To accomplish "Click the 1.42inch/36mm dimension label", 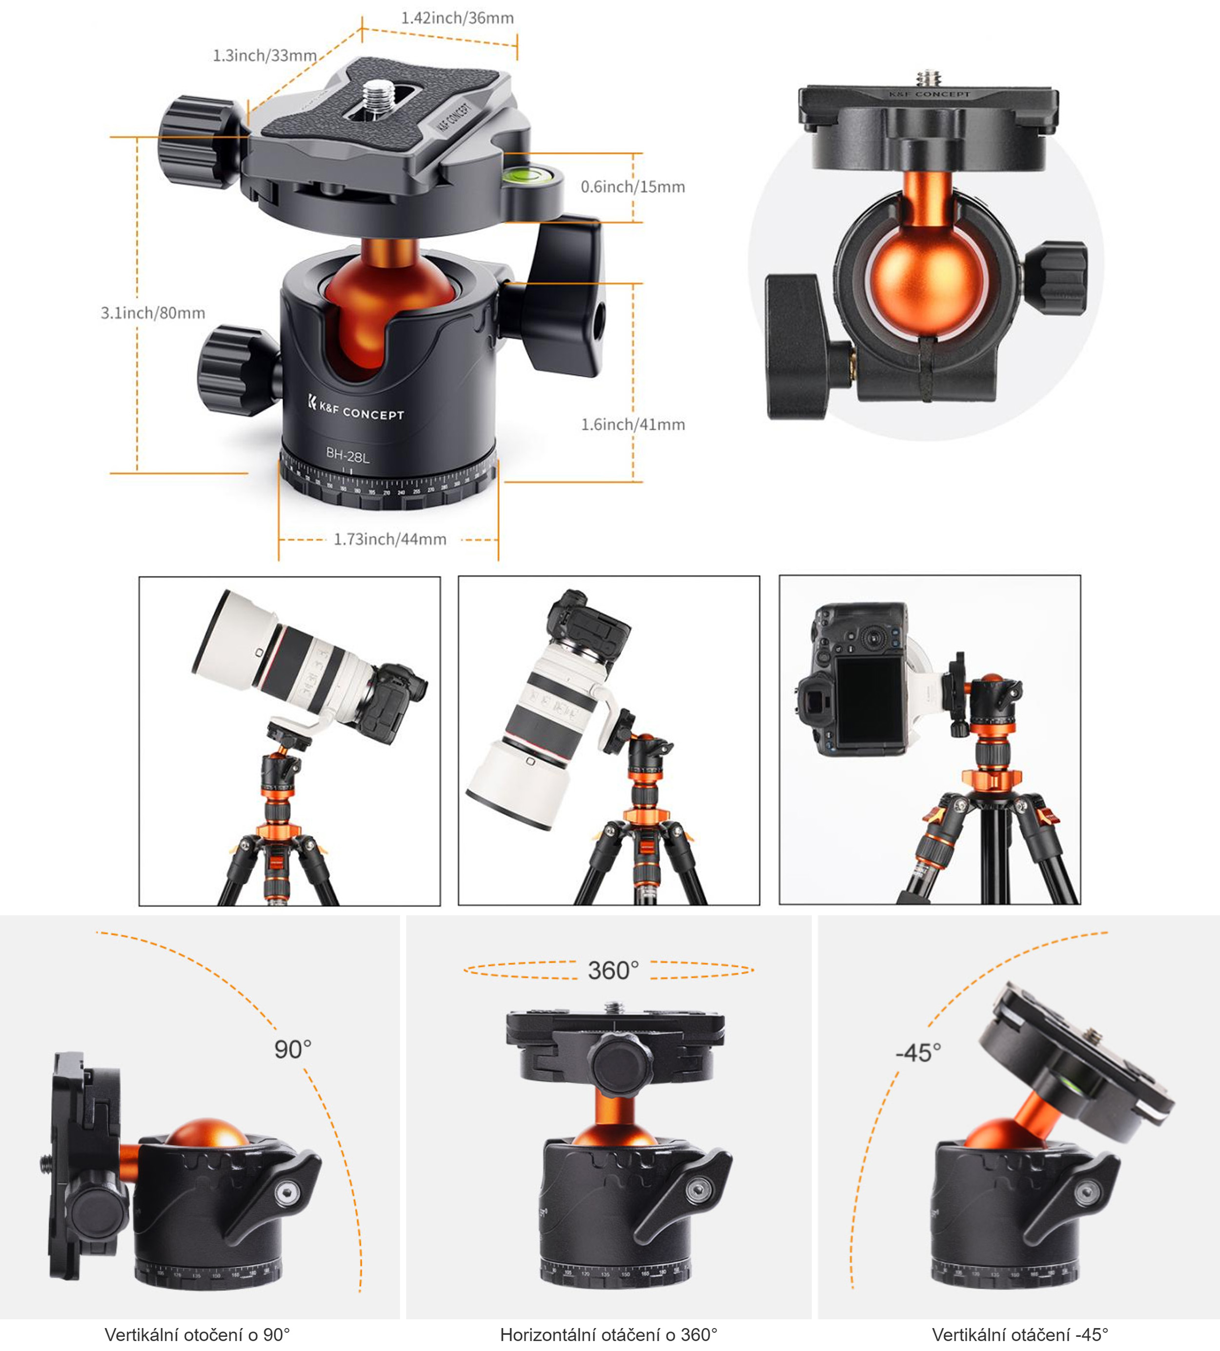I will pos(457,18).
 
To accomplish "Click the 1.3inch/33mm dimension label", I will pos(265,56).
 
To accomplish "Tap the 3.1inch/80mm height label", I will pos(153,313).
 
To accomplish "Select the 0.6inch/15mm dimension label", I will pos(633,187).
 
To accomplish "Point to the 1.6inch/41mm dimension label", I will pos(633,424).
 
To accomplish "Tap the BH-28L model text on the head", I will pos(347,456).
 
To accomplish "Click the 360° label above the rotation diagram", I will pos(613,970).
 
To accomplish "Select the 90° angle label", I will pos(293,1049).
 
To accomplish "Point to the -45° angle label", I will pos(918,1053).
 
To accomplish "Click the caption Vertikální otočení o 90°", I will pos(197,1335).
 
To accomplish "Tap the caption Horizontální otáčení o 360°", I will pos(609,1335).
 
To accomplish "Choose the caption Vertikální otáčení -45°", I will pos(1019,1335).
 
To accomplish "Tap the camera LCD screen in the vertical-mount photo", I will pos(870,702).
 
